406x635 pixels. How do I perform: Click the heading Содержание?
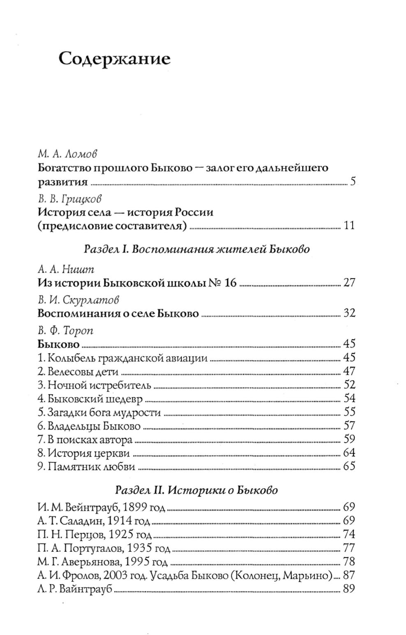[x=114, y=59]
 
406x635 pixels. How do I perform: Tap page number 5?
[x=353, y=182]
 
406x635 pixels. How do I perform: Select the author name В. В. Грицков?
[x=69, y=199]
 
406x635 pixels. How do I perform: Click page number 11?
[x=348, y=226]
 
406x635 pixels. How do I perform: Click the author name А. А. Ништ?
[x=66, y=270]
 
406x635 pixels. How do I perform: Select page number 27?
[x=348, y=283]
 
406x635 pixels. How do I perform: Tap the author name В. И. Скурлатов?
[x=78, y=300]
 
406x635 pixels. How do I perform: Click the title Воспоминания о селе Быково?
[x=118, y=314]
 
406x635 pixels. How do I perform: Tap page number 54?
[x=349, y=398]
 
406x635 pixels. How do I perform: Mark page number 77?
[x=349, y=548]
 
